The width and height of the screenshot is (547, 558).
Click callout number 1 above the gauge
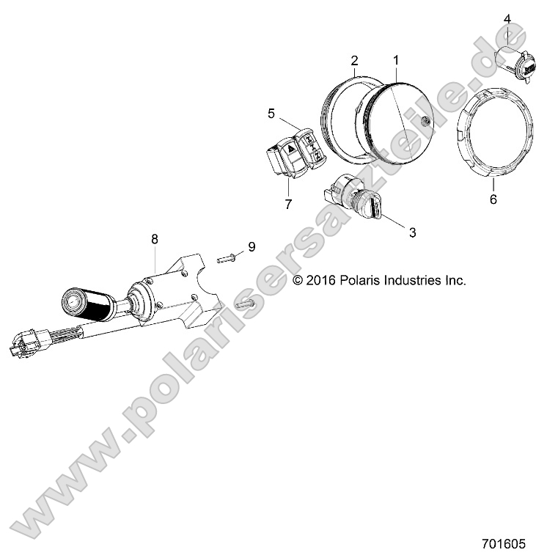pos(396,59)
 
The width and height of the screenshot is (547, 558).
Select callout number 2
pos(354,59)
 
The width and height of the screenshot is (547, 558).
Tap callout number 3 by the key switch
pos(412,232)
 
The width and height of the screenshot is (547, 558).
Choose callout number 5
pos(271,114)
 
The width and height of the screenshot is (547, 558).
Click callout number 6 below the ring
pos(493,199)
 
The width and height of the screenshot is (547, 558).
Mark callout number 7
pos(288,203)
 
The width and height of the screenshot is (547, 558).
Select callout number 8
pos(155,238)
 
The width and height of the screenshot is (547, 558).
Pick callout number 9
pos(251,247)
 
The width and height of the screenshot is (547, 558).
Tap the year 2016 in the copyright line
pos(319,280)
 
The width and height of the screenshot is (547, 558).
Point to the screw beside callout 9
pos(227,257)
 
